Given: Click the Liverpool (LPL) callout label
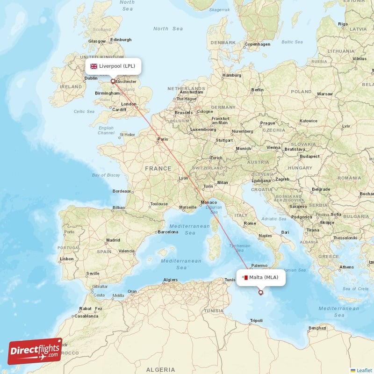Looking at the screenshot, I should pos(113,66).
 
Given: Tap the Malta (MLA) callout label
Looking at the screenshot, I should pos(260,277).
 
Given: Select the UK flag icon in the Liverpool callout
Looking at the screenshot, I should pos(94,66).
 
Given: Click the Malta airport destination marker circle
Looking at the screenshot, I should pos(261,293).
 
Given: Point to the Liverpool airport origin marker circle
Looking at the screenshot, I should pos(113,81).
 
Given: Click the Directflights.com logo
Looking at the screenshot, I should pos(35,351).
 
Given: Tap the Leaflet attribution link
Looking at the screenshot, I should pos(364,370).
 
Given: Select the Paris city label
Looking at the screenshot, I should pos(162,139).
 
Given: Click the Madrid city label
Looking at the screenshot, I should pos(113,240).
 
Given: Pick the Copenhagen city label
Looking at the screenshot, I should pos(258,44).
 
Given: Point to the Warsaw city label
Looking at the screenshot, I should pos(324,93).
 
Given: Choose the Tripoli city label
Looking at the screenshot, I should pos(256,321).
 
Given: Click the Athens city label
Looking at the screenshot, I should pos(347,267).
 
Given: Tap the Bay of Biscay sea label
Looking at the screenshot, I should pos(106,175).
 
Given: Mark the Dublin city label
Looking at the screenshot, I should pos(91,78).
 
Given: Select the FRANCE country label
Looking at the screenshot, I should pos(158,168).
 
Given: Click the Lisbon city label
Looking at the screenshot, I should pos(66,259).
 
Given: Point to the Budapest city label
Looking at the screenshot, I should pos(309,157).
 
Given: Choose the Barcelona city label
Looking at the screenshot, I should pos(168,231).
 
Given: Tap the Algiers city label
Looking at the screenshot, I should pos(170,280).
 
